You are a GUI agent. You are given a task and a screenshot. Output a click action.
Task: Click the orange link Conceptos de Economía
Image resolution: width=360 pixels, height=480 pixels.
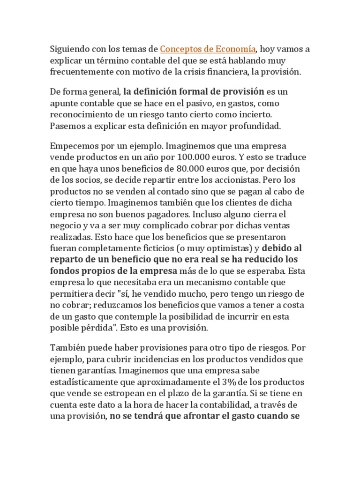tap(208, 49)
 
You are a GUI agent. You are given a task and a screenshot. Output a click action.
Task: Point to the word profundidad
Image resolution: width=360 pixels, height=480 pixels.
tap(257, 126)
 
